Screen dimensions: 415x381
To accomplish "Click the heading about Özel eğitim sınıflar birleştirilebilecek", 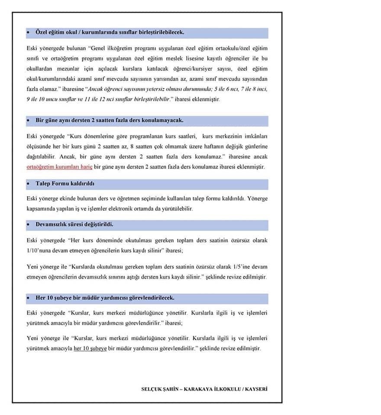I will click(x=110, y=32).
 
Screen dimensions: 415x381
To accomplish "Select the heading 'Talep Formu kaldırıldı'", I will click(x=65, y=184).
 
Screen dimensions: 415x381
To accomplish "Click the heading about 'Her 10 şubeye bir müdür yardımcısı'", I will click(x=105, y=298).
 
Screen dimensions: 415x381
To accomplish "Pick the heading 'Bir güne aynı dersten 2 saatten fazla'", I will click(x=109, y=120).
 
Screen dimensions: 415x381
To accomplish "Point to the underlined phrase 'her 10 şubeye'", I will click(x=90, y=348).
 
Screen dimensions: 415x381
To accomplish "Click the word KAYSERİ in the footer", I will click(x=256, y=389).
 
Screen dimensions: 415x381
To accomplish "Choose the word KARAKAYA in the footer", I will click(x=198, y=389).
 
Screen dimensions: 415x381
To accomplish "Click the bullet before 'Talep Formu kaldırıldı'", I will click(x=29, y=184).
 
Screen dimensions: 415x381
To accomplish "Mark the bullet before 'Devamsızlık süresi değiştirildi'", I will click(x=29, y=225).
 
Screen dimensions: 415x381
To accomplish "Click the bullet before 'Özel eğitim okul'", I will click(x=29, y=33).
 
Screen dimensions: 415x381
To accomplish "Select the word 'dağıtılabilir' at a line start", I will click(x=41, y=156).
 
